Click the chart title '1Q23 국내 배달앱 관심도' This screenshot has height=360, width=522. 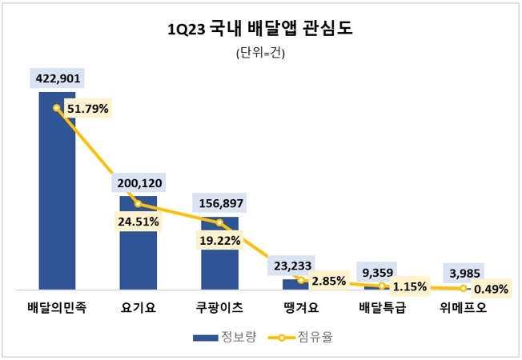(260, 30)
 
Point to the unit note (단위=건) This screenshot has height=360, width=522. (260, 54)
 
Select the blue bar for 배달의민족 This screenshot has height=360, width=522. (57, 192)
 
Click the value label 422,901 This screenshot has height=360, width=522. (57, 78)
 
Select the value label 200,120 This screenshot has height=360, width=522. (139, 183)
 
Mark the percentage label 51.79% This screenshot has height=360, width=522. (87, 109)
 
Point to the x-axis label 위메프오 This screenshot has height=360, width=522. (464, 306)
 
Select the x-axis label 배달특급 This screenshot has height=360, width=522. (382, 306)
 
